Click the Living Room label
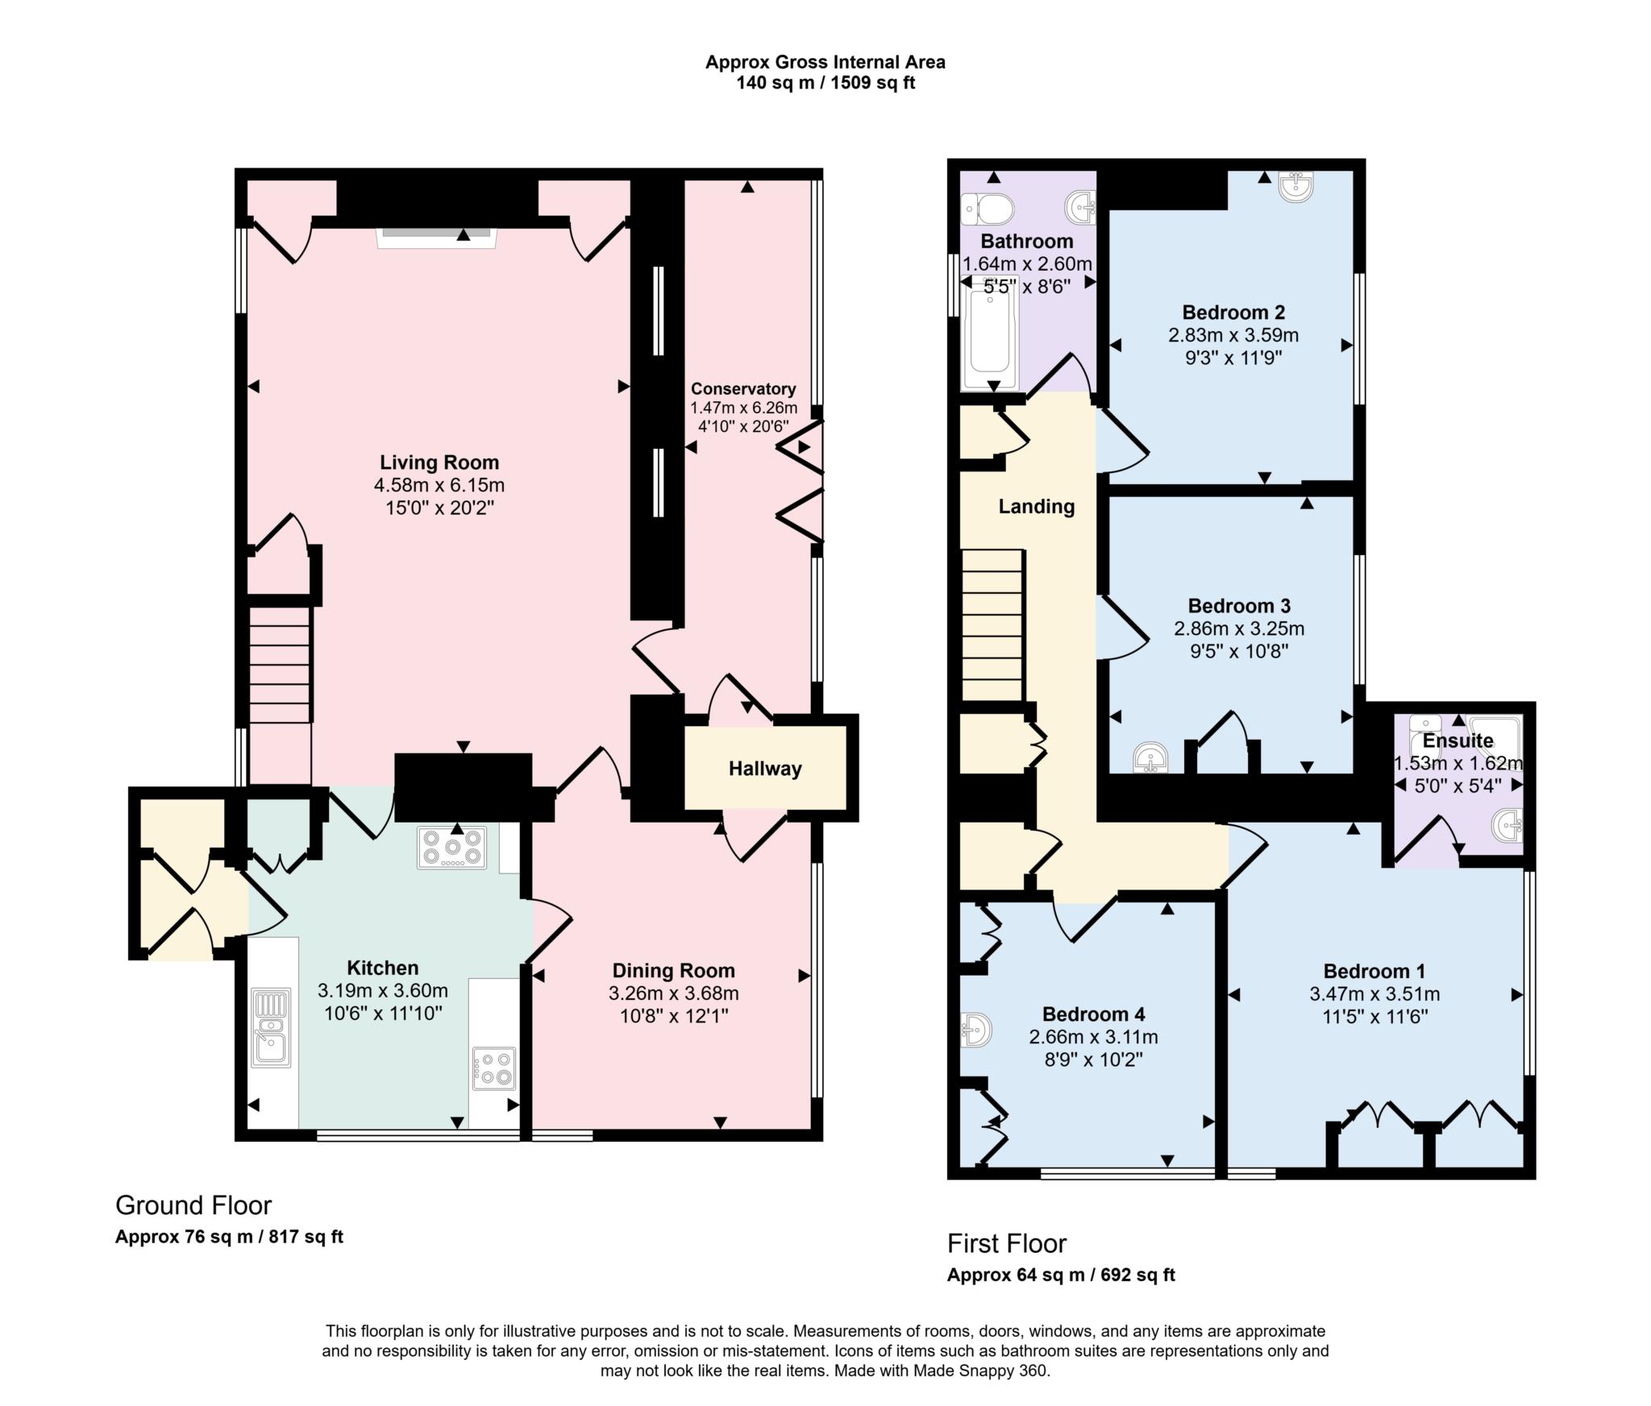pyautogui.click(x=439, y=462)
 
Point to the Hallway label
pyautogui.click(x=765, y=769)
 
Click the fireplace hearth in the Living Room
pyautogui.click(x=437, y=234)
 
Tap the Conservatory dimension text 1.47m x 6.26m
pyautogui.click(x=743, y=409)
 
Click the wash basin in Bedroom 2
pyautogui.click(x=1297, y=185)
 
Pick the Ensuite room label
pyautogui.click(x=1458, y=740)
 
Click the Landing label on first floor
pyautogui.click(x=1036, y=507)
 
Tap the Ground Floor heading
pyautogui.click(x=193, y=1205)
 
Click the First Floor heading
pyautogui.click(x=1006, y=1244)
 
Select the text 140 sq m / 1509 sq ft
pyautogui.click(x=825, y=83)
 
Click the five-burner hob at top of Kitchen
pyautogui.click(x=451, y=848)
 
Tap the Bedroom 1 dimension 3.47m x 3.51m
pyautogui.click(x=1374, y=994)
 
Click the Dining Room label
pyautogui.click(x=673, y=971)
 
